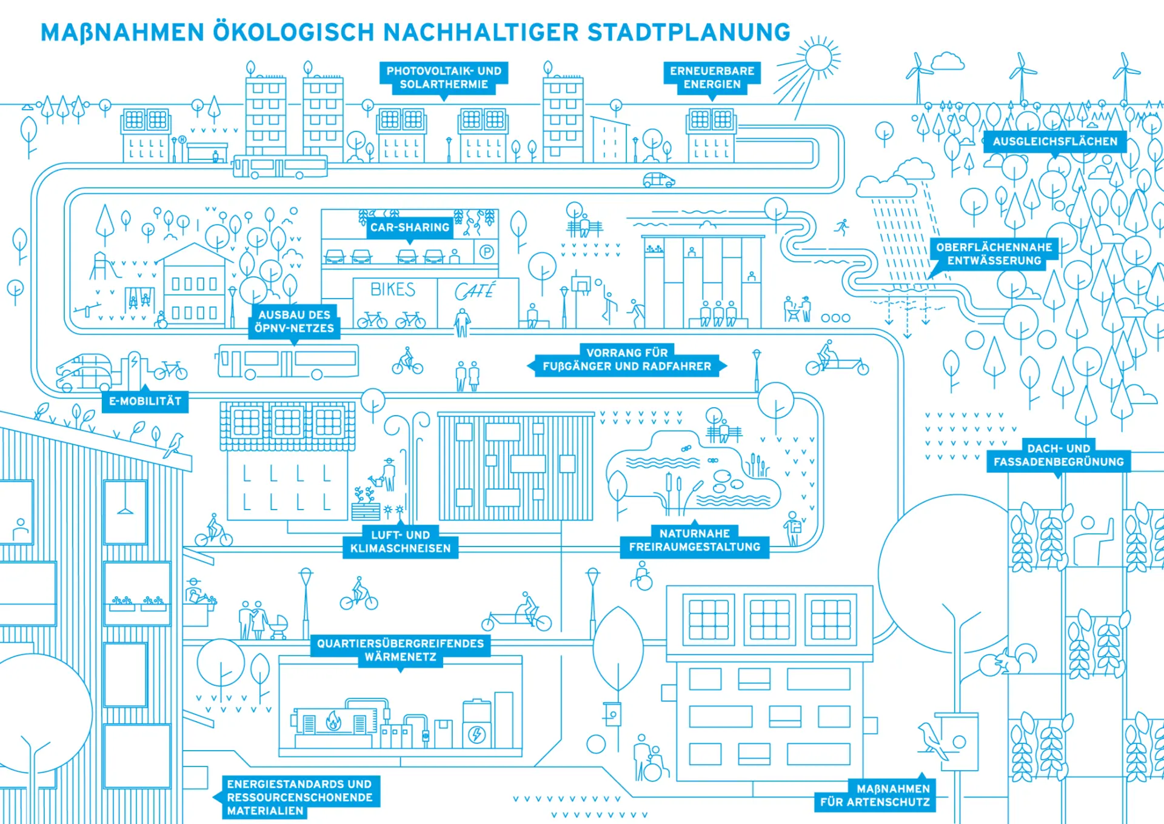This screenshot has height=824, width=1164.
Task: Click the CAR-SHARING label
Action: coord(410,227)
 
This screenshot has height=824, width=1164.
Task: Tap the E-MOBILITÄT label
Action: coord(145,401)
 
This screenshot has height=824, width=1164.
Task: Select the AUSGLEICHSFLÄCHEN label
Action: coord(1055,141)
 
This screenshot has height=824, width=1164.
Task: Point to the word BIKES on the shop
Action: coord(393,290)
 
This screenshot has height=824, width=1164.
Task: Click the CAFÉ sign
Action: coord(475,291)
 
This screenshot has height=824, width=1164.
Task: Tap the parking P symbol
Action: coord(486,251)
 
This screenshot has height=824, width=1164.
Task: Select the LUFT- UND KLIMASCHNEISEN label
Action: coord(400,542)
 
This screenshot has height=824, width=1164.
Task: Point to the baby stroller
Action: coord(278,628)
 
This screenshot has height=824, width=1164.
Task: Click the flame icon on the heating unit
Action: coord(333,721)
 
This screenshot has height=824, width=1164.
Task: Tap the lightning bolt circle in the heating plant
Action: coord(477,735)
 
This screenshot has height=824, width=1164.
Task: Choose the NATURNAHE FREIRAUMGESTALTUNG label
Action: coord(694,540)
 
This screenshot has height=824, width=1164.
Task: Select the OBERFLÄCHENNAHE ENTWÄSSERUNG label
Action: coord(994,254)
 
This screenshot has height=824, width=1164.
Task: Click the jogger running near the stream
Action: coord(841,227)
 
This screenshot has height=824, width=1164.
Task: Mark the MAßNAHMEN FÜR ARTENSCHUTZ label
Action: coord(875,795)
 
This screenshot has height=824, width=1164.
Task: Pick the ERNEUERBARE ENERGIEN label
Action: coord(712,78)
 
